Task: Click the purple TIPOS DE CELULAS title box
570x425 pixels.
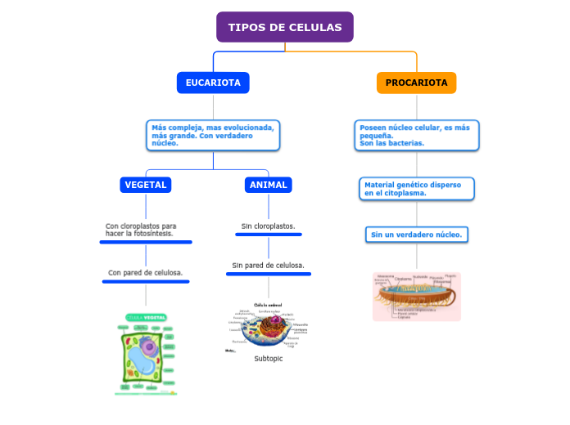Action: click(x=285, y=27)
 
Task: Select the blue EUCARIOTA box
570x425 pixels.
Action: click(x=213, y=83)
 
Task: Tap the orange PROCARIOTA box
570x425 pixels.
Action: click(x=416, y=83)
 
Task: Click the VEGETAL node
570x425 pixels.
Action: click(x=146, y=185)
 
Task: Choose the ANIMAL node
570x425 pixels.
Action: click(x=269, y=185)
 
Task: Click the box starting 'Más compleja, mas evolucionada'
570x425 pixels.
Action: click(x=213, y=136)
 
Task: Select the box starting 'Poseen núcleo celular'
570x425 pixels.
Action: click(x=418, y=136)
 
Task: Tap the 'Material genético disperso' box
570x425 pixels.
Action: click(x=417, y=189)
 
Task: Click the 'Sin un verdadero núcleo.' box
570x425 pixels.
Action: click(x=417, y=235)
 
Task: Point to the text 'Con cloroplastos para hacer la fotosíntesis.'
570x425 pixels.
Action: click(x=141, y=230)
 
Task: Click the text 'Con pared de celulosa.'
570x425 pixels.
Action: click(x=146, y=273)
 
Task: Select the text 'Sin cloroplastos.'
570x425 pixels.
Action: click(x=269, y=226)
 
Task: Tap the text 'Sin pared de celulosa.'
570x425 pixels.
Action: click(x=269, y=266)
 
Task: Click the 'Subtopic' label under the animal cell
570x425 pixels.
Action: click(x=269, y=359)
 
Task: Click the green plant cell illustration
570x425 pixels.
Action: click(x=146, y=353)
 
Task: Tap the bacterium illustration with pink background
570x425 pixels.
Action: click(x=417, y=296)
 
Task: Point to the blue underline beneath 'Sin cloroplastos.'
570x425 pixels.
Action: click(x=269, y=235)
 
